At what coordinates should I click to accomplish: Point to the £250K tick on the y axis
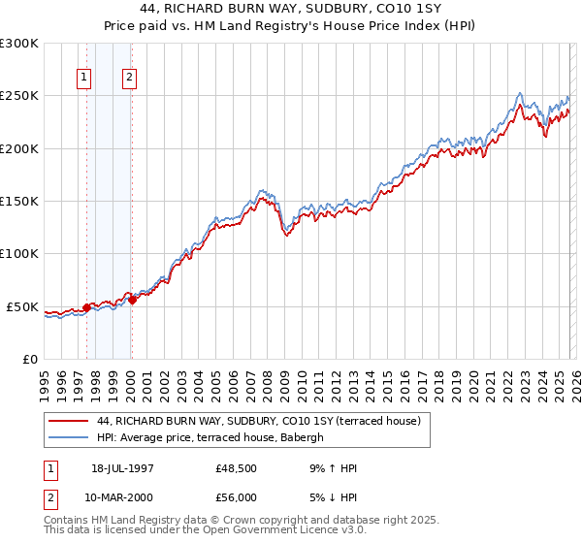(x=19, y=96)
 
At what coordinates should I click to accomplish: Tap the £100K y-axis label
(x=19, y=253)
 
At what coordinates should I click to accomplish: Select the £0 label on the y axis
(x=29, y=359)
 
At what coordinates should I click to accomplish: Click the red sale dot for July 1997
(x=86, y=307)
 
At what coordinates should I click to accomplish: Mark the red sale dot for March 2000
(x=132, y=300)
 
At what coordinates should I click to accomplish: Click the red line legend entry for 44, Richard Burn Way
(x=258, y=422)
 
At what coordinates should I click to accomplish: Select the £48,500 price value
(x=236, y=468)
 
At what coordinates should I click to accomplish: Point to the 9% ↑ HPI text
(x=331, y=468)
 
